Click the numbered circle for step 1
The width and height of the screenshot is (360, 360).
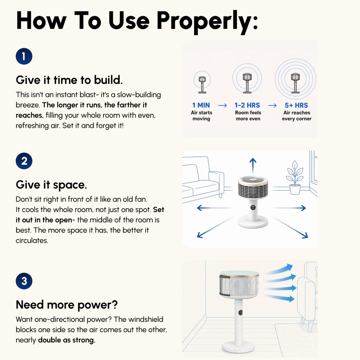(24, 56)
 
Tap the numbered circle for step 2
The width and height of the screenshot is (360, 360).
(24, 161)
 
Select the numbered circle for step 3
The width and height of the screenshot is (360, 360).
(24, 281)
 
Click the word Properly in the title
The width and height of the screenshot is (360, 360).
(207, 21)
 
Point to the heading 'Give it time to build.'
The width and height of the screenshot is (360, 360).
(69, 80)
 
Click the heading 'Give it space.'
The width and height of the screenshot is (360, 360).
(51, 185)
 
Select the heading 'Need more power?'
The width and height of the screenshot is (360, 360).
(67, 305)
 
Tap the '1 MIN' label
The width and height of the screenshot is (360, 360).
(201, 105)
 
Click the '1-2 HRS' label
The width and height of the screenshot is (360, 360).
(247, 105)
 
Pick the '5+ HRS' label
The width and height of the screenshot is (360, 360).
(296, 105)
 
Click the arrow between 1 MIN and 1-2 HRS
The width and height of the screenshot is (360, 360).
(223, 105)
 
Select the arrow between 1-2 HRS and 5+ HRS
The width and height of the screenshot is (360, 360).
(272, 105)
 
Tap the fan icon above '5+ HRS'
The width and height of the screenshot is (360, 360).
(295, 83)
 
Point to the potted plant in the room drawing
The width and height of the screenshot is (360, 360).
(295, 178)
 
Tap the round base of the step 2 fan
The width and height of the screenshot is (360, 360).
(253, 222)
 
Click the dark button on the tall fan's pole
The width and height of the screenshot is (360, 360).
(240, 313)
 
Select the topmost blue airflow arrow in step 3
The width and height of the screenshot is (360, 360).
(279, 269)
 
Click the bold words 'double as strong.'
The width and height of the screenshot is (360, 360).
(66, 340)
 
